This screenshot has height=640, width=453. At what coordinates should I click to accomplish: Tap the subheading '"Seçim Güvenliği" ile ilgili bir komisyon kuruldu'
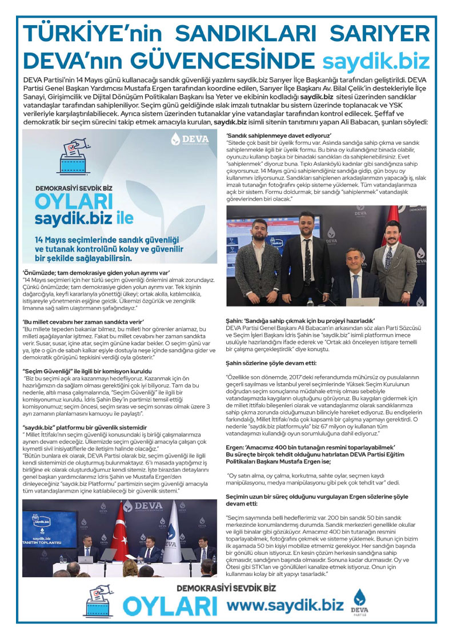[97, 371]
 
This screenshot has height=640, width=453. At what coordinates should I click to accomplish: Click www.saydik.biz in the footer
[285, 605]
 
